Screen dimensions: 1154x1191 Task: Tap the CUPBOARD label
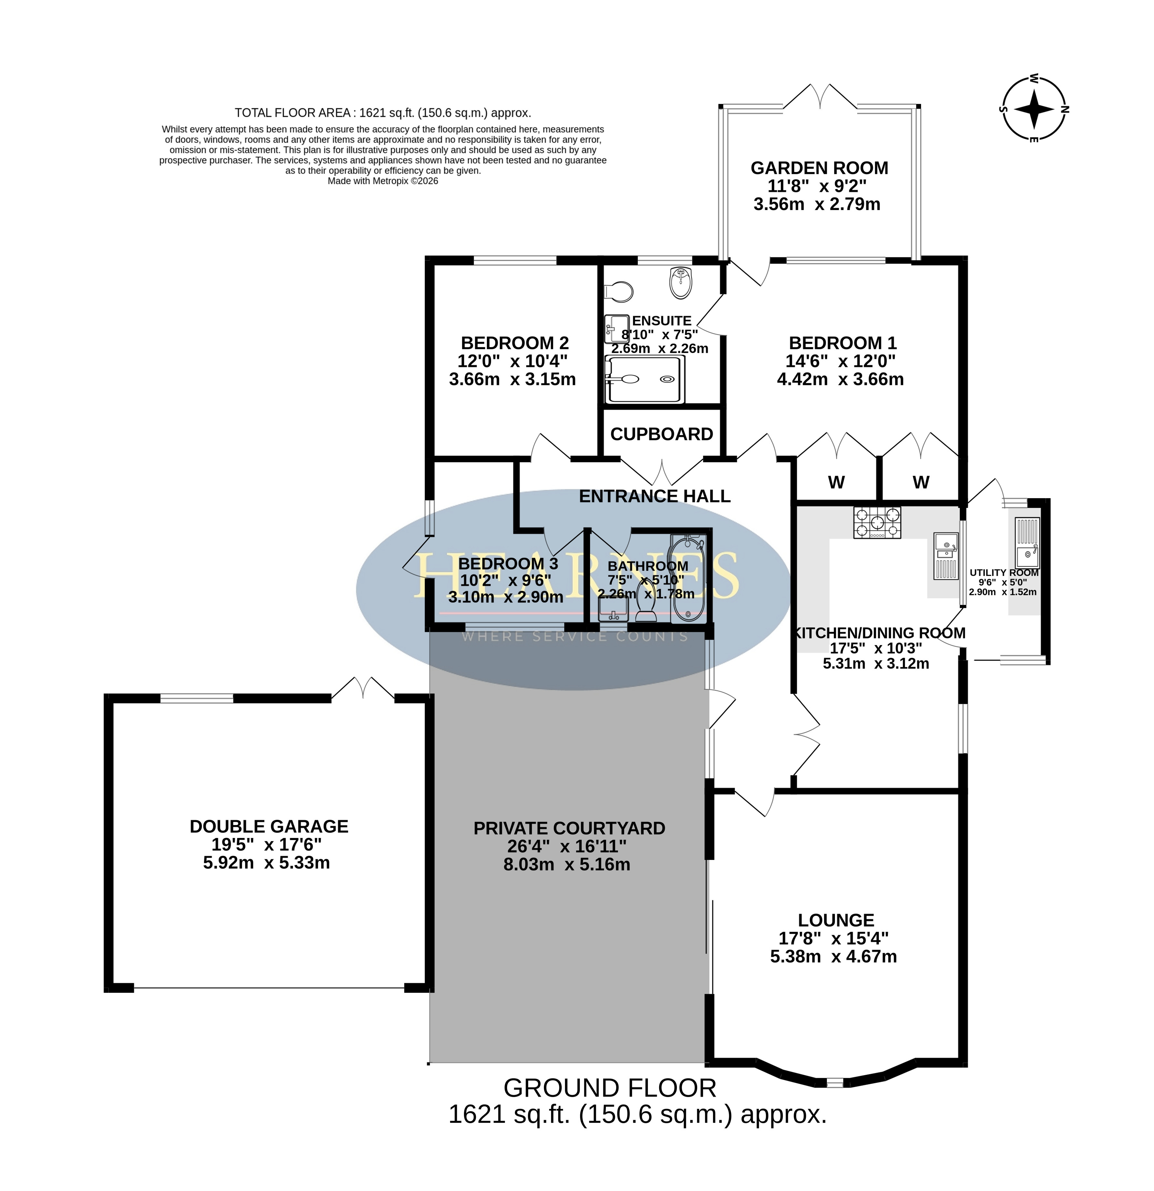661,434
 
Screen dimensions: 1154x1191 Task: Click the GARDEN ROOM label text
819,168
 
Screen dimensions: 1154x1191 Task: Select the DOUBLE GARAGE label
269,826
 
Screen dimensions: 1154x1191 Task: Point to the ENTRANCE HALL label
655,497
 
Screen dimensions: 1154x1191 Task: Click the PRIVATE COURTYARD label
569,828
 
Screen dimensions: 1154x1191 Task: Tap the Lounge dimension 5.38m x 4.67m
833,956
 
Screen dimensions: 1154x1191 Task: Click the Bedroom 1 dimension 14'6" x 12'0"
840,361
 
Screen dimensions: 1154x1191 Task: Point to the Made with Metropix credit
383,181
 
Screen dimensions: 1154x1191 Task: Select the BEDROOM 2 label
515,343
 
